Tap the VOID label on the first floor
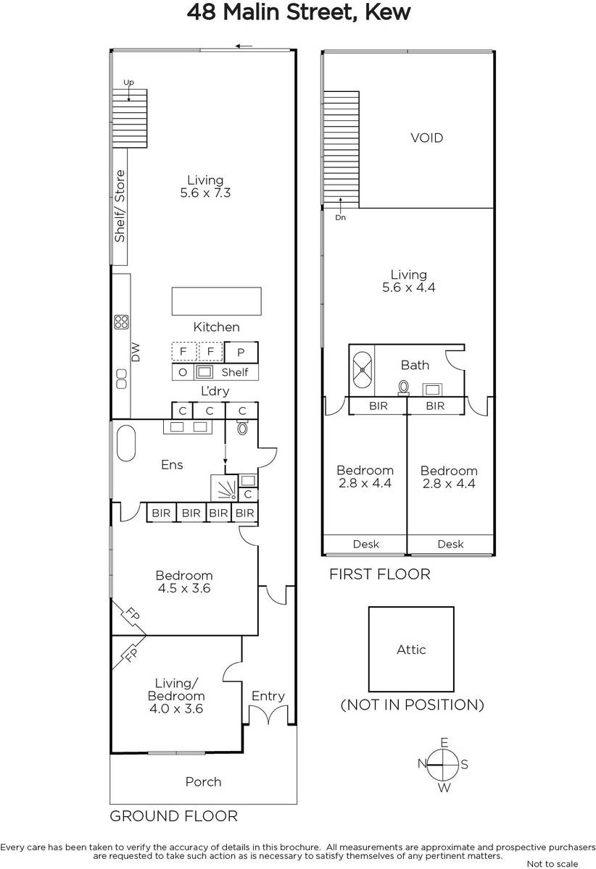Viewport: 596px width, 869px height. pos(426,138)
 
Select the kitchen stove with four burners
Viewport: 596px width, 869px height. pos(121,322)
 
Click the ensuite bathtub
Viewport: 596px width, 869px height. pos(126,443)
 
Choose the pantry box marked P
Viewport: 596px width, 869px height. pos(241,352)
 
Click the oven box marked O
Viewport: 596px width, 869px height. pos(183,372)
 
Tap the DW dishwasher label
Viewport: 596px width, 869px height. pos(135,352)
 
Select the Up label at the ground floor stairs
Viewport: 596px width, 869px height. pos(128,83)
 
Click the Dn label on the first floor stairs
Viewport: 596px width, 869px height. pos(340,218)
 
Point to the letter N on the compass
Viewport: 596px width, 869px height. pos(422,763)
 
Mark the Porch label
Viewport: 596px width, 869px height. pos(203,781)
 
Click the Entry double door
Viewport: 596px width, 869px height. pos(268,715)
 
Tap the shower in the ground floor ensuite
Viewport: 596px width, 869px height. pos(224,487)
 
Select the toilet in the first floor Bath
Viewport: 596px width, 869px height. pos(404,387)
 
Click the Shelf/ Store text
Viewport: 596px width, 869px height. pos(120,206)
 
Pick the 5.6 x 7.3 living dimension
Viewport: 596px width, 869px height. pos(205,193)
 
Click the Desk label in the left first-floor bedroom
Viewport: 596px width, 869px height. pos(365,544)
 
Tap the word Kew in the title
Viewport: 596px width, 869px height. pos(388,12)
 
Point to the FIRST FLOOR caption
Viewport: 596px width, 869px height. pos(380,574)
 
